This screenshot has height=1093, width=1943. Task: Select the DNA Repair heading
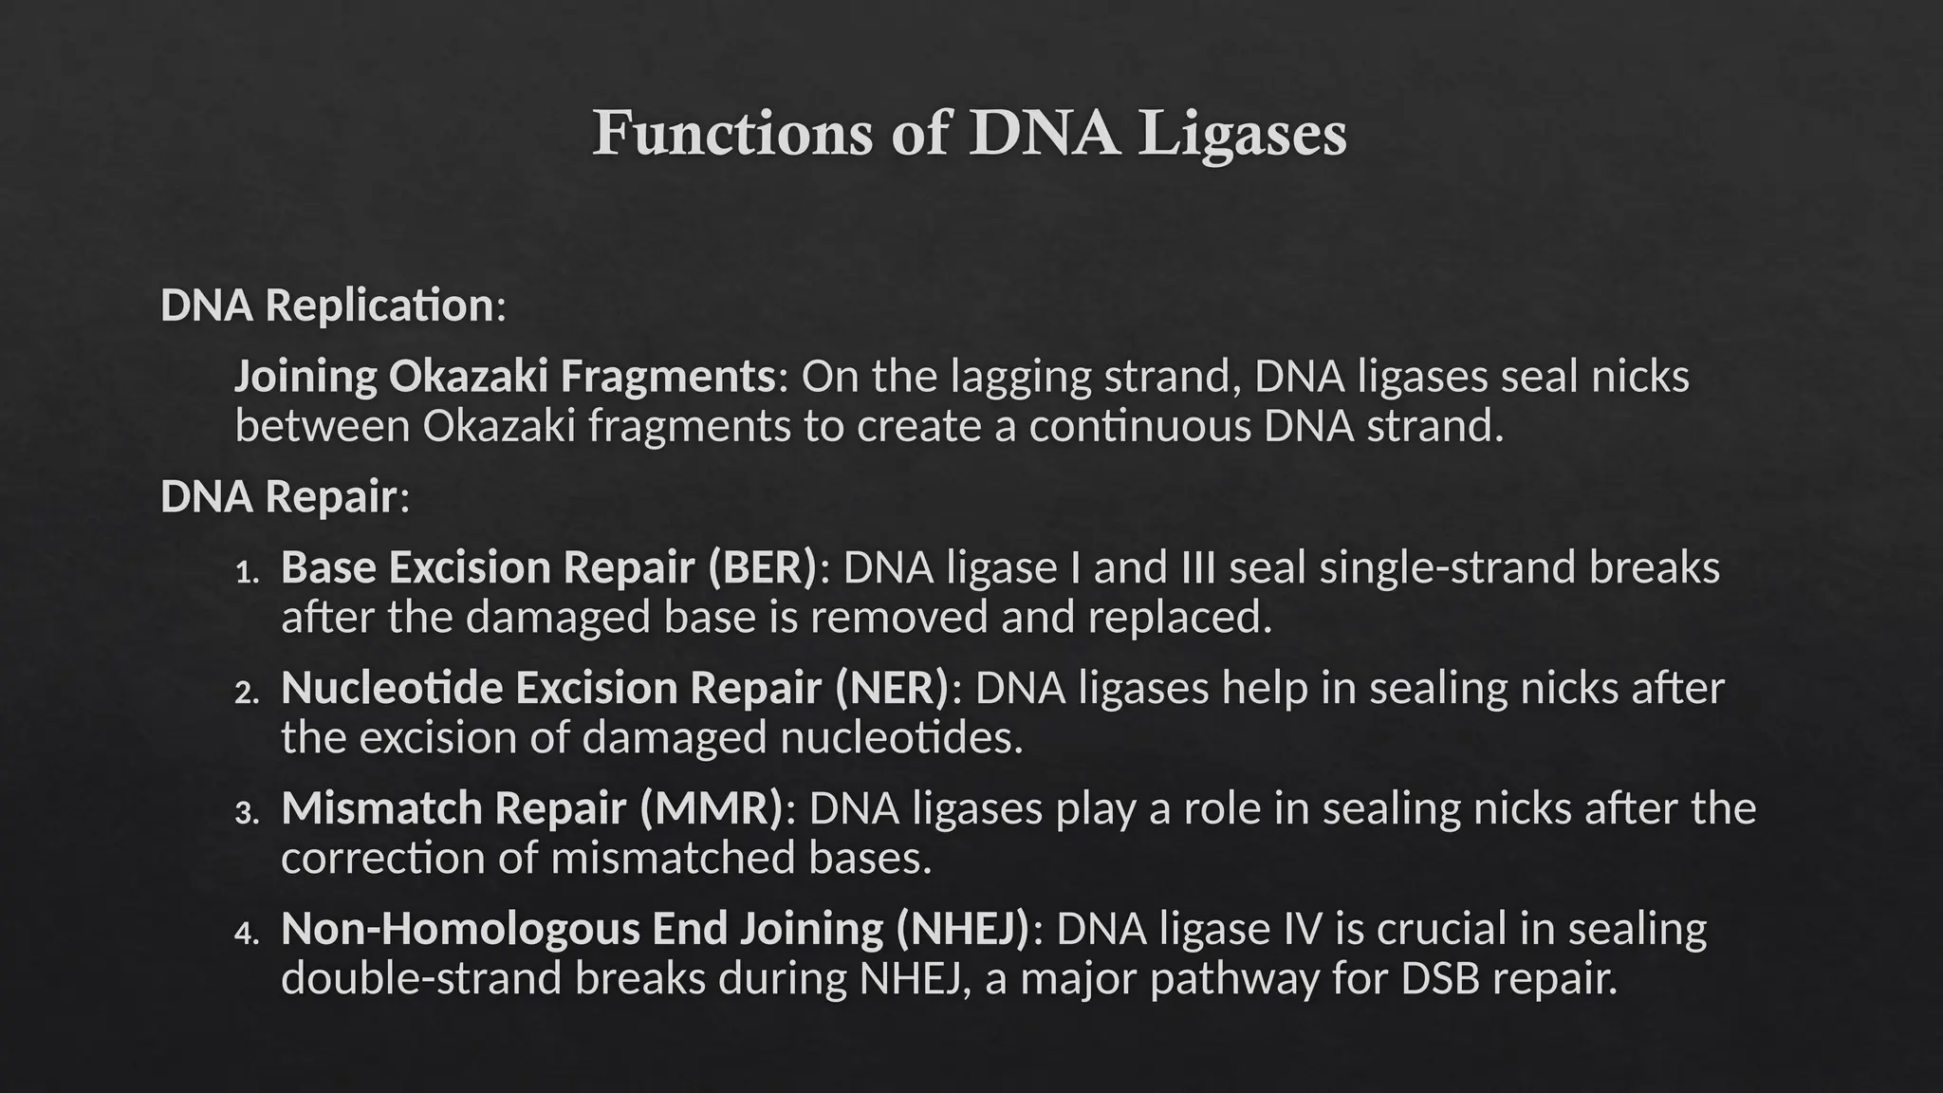click(x=279, y=496)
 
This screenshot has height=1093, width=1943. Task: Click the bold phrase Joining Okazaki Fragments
click(x=506, y=376)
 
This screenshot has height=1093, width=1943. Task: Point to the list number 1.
click(x=247, y=571)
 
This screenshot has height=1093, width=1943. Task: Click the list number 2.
click(x=247, y=692)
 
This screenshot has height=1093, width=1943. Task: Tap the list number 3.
click(x=247, y=812)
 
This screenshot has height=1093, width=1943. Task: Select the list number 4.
click(x=247, y=933)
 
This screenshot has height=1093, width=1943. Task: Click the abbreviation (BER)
click(x=762, y=567)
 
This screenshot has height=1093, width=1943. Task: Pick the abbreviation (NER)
click(x=892, y=688)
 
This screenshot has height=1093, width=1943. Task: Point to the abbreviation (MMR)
click(x=711, y=808)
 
